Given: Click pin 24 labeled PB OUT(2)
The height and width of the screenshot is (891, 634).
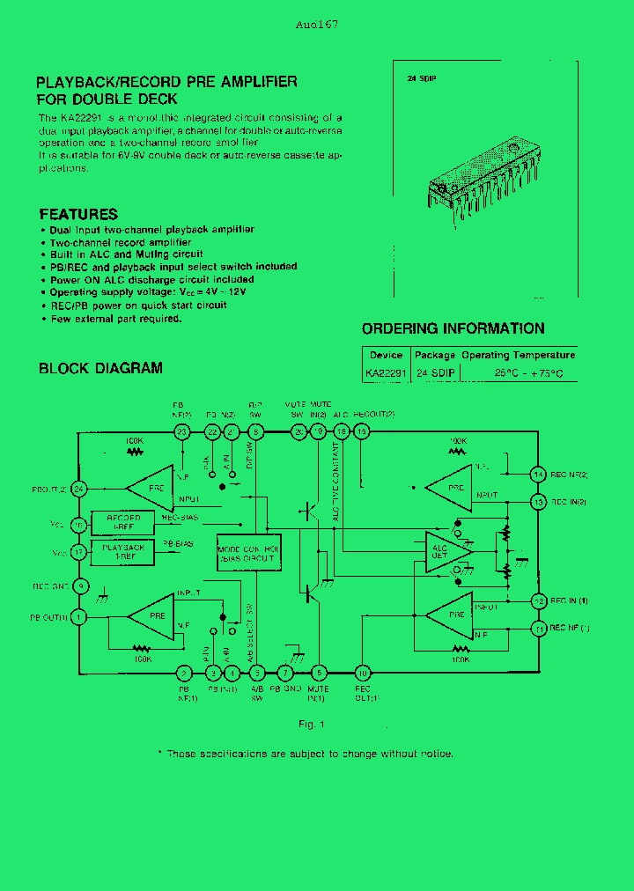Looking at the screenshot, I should click(x=79, y=489).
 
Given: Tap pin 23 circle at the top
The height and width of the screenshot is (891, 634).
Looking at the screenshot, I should click(x=182, y=431).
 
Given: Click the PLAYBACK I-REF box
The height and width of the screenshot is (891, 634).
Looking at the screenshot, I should click(x=123, y=552).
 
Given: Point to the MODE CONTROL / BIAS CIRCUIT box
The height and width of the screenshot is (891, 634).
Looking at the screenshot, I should click(x=249, y=553).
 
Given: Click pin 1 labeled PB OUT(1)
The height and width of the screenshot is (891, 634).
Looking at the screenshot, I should click(x=79, y=617).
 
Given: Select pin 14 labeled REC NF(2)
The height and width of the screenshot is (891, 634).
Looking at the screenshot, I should click(x=539, y=475).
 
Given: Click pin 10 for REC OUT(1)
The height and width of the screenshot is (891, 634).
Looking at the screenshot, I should click(x=361, y=674).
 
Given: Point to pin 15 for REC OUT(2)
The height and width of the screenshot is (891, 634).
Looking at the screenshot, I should click(x=361, y=431).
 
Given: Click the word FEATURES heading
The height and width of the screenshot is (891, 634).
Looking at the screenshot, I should click(x=78, y=214).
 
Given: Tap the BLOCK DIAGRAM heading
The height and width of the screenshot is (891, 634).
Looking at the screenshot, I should click(x=100, y=368).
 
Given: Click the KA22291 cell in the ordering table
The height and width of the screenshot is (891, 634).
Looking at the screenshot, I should click(x=386, y=373).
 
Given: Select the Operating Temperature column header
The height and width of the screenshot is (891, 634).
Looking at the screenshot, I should click(x=518, y=355).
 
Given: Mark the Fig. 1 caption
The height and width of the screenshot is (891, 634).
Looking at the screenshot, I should click(x=311, y=724).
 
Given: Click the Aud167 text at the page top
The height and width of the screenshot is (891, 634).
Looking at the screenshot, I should click(x=317, y=25).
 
